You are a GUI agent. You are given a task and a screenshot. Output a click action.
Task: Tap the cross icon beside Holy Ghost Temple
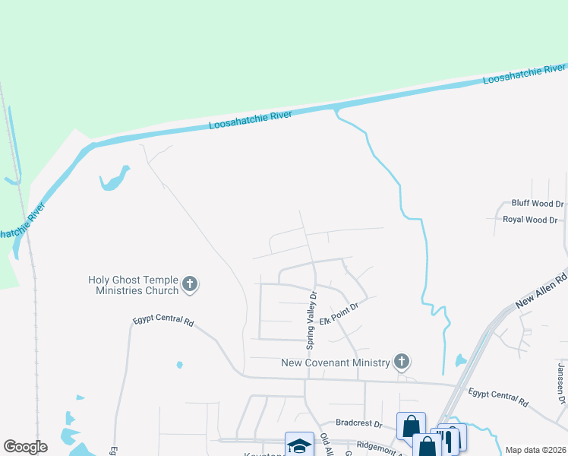(190, 285)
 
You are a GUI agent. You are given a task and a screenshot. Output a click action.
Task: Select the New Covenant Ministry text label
(336, 363)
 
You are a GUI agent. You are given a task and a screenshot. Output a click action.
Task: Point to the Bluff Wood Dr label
(538, 204)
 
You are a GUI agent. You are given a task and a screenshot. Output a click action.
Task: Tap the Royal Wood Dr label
(530, 220)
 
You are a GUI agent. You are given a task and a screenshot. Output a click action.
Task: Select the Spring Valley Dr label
(311, 319)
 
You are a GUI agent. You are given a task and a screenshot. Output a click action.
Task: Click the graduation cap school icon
(299, 445)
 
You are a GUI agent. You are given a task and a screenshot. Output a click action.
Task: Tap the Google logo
(25, 447)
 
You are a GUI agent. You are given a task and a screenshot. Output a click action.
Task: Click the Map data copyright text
(535, 450)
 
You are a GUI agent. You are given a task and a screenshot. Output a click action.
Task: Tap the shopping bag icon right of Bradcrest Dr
(411, 426)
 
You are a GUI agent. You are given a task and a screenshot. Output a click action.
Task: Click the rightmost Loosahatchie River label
(524, 74)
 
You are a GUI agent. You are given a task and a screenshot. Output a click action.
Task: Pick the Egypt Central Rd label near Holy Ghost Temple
(163, 321)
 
